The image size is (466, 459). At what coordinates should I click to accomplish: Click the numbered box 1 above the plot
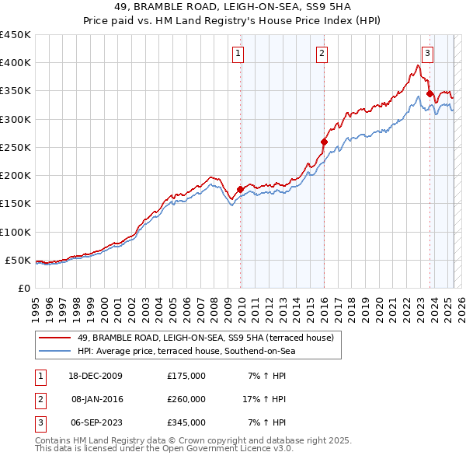[x=238, y=54]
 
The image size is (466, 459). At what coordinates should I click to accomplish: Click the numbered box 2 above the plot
[x=322, y=54]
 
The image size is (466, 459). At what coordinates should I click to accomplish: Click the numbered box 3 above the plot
[x=427, y=54]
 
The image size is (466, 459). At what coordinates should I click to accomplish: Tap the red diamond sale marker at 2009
[x=241, y=189]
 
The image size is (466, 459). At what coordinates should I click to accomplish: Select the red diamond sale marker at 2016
[x=324, y=142]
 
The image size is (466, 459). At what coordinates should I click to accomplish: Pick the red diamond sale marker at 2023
[x=429, y=93]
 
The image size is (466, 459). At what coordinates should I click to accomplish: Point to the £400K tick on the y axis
[x=15, y=63]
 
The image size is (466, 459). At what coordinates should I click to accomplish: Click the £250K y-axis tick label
[x=15, y=147]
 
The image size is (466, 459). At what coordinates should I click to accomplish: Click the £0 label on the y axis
[x=24, y=288]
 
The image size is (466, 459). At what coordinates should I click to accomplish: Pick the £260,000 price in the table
[x=186, y=399]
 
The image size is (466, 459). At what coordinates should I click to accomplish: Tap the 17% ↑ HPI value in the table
[x=264, y=399]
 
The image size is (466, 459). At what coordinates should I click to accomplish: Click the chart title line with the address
[x=232, y=8]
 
